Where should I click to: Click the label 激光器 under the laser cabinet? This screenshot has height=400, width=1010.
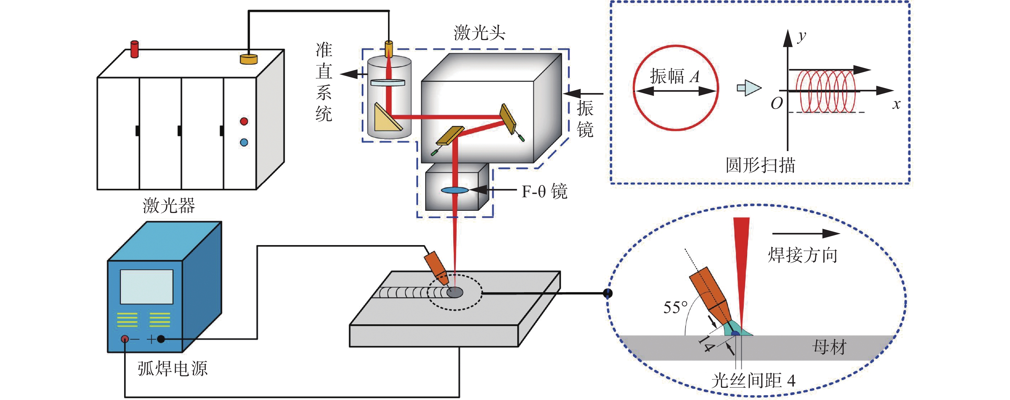(169, 206)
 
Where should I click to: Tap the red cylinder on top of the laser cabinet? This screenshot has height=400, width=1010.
(134, 49)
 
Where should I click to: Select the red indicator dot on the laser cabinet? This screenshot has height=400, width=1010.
(244, 121)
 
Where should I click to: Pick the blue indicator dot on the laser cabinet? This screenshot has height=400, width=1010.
(244, 142)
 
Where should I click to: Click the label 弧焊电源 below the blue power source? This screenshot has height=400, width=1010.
(172, 369)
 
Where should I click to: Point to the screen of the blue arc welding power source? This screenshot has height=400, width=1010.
(146, 287)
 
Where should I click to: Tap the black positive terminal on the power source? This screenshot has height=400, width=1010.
(161, 339)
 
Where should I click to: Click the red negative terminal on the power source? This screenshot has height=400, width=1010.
(125, 339)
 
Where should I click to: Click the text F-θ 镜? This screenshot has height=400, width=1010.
(544, 191)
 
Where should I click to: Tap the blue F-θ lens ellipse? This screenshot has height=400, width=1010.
(454, 191)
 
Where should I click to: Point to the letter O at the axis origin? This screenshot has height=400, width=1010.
(776, 103)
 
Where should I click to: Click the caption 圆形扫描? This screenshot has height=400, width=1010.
(760, 165)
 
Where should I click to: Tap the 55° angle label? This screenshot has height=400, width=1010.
(675, 307)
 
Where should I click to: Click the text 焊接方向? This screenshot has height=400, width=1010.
(802, 255)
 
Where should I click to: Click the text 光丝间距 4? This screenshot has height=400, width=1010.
(753, 380)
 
